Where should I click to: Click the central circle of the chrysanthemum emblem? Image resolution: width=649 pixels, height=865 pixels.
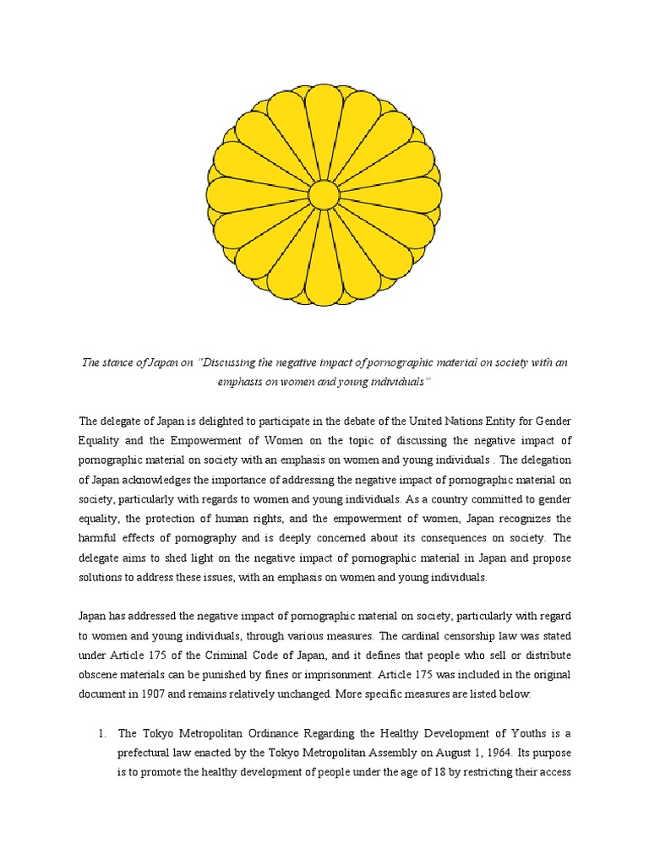pyautogui.click(x=324, y=194)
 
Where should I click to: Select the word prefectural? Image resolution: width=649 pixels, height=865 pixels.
pyautogui.click(x=150, y=752)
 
